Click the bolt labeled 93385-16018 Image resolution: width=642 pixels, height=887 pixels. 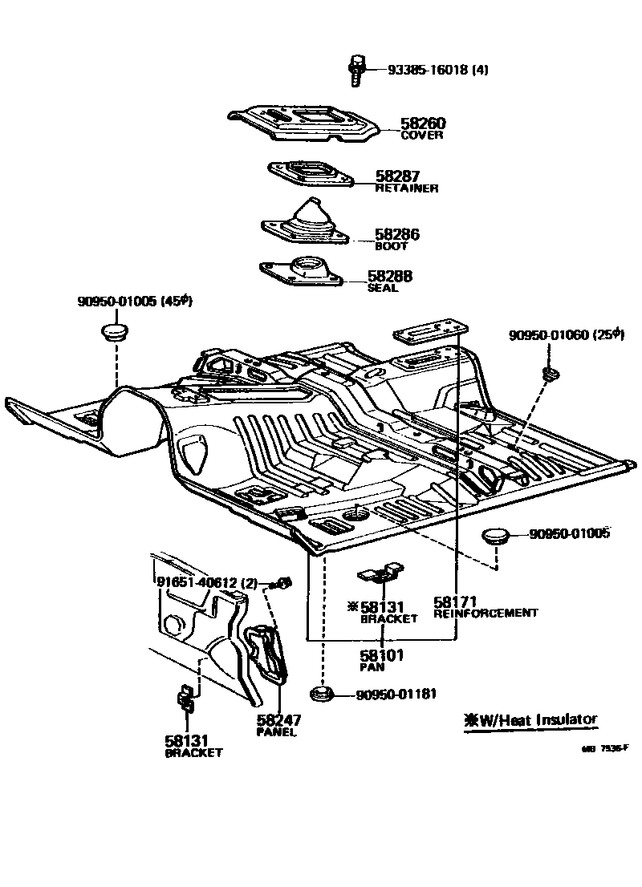click(356, 69)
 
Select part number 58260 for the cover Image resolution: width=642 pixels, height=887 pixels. click(423, 124)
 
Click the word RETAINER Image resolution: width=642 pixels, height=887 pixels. click(407, 188)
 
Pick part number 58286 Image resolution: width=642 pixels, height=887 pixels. click(397, 235)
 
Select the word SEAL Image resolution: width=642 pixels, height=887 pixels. click(383, 288)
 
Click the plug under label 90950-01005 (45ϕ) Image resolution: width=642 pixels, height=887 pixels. click(116, 331)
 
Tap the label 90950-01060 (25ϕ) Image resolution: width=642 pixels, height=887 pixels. click(566, 335)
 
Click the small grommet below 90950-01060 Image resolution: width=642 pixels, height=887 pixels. click(551, 374)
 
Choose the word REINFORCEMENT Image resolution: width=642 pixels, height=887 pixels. click(486, 613)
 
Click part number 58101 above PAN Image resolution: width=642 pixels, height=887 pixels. click(381, 655)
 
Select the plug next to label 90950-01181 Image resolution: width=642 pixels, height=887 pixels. click(321, 694)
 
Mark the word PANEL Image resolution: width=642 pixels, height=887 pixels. click(277, 731)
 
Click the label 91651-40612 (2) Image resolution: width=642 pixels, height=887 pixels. click(206, 583)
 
